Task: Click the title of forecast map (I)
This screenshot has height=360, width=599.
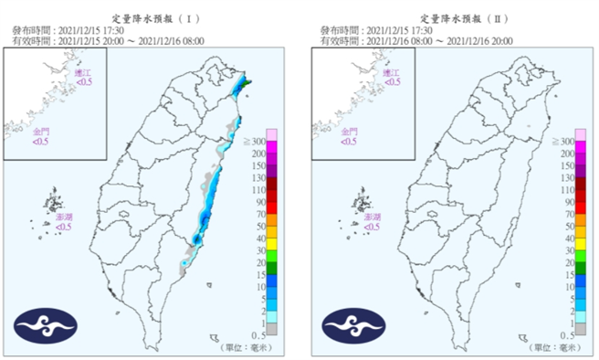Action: pyautogui.click(x=150, y=17)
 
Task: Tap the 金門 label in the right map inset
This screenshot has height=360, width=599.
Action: pyautogui.click(x=349, y=132)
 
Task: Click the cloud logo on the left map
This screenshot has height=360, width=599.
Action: pyautogui.click(x=46, y=325)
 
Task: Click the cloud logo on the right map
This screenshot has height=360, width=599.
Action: pyautogui.click(x=352, y=325)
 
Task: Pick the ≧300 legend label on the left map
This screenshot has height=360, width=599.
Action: pyautogui.click(x=257, y=142)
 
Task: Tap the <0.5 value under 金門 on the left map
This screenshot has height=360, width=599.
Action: pyautogui.click(x=42, y=142)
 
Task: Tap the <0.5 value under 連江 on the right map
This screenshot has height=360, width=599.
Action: pyautogui.click(x=392, y=81)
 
